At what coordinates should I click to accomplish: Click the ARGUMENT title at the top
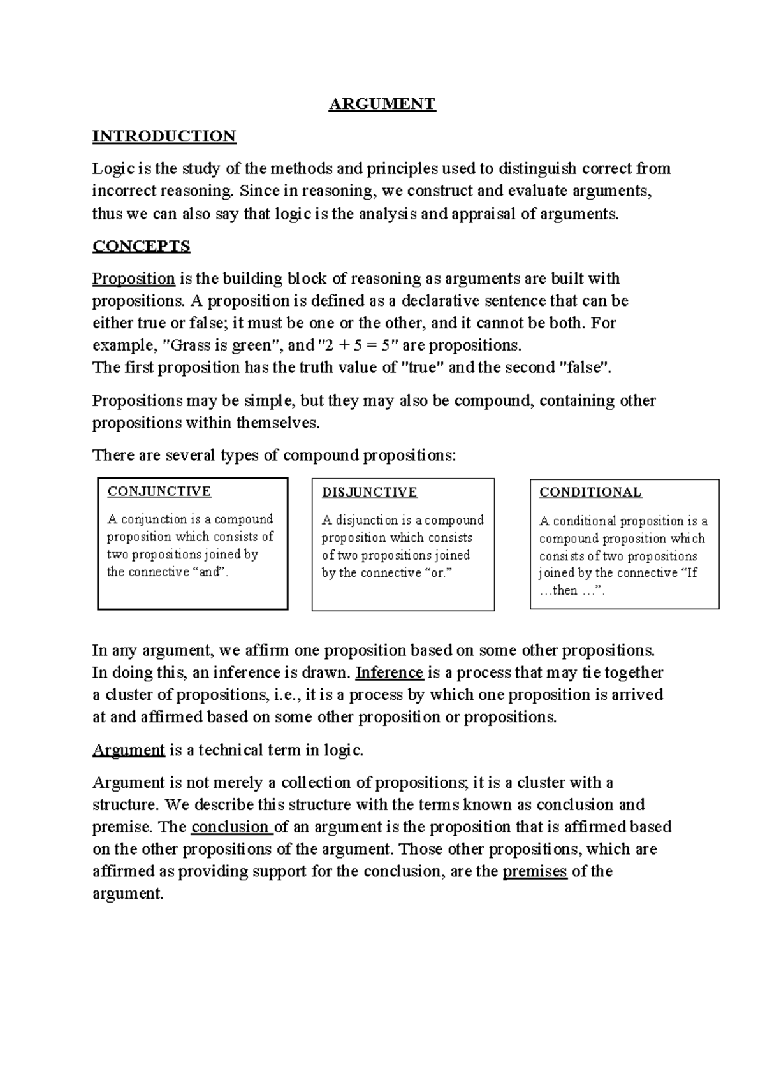click(x=382, y=104)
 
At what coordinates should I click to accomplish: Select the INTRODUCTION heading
click(x=164, y=136)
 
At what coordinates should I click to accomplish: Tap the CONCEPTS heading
click(x=142, y=246)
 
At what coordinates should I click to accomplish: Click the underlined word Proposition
click(x=134, y=279)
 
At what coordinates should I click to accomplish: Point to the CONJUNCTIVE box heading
click(x=159, y=491)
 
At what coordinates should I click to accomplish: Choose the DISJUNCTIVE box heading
click(x=369, y=492)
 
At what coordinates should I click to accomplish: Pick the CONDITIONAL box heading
click(x=590, y=492)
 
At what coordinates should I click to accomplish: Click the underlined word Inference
click(x=390, y=672)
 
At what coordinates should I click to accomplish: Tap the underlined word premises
click(x=535, y=871)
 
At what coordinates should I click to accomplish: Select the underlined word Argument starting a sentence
click(x=129, y=750)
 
